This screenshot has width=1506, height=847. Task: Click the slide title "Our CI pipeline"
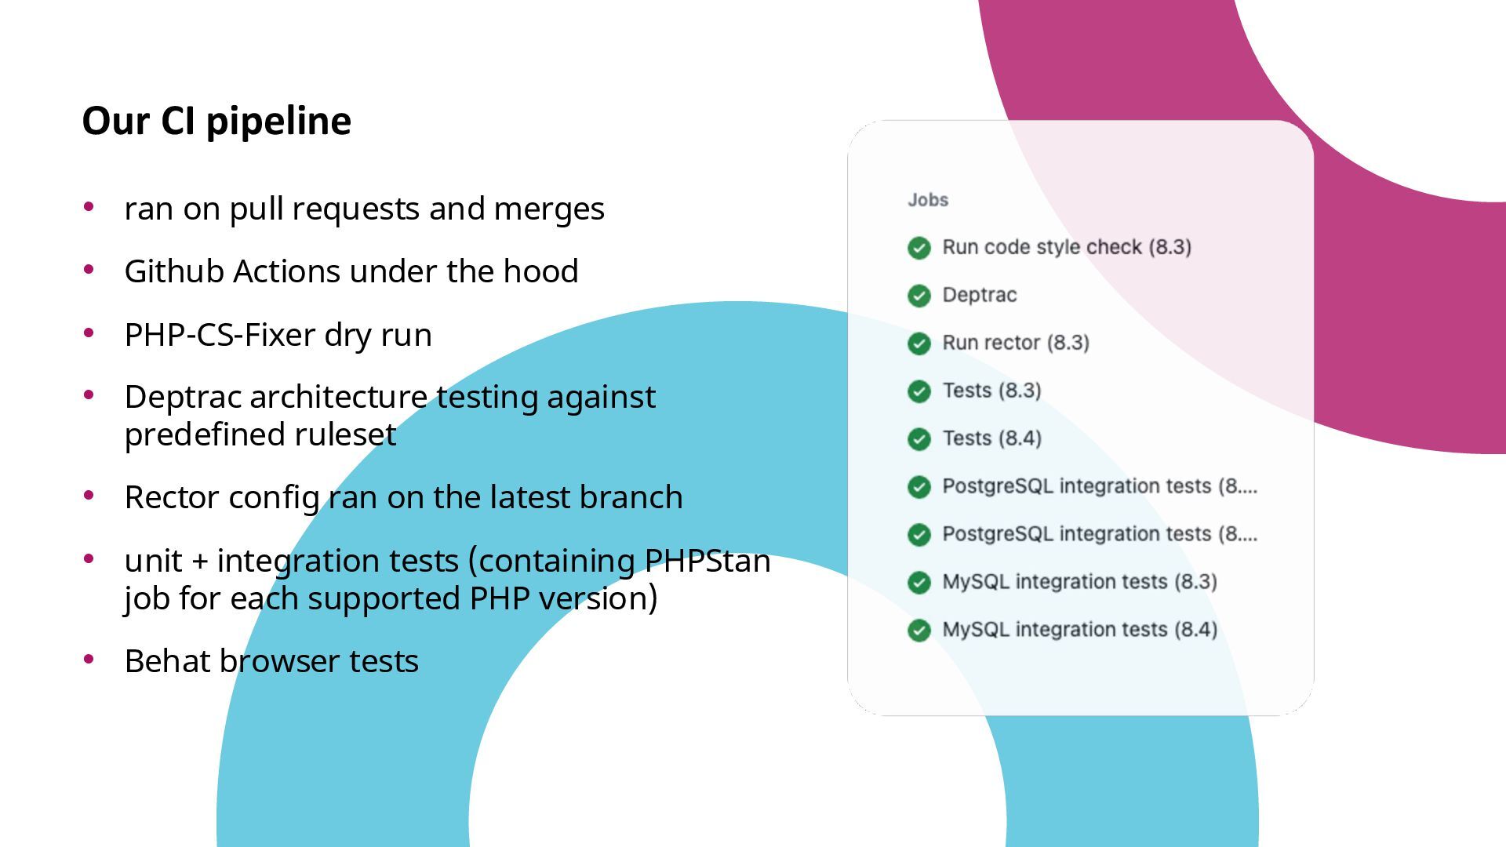coord(216,121)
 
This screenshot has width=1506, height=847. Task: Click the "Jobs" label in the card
coord(928,200)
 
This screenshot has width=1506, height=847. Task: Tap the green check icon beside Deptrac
coord(919,296)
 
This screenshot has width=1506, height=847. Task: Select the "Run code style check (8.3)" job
coord(1066,247)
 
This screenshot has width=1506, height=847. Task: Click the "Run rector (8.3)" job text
coord(1015,343)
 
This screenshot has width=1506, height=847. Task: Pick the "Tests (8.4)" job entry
coord(991,438)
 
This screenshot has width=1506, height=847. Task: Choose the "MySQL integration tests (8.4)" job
coord(1079,630)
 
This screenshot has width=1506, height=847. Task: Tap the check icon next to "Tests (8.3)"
coord(919,391)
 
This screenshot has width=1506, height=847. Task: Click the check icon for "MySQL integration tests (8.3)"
coord(919,583)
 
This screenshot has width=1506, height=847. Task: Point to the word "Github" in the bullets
coord(174,272)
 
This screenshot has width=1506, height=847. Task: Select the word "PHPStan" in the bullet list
coord(707,561)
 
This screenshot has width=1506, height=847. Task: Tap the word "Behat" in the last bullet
coord(167,661)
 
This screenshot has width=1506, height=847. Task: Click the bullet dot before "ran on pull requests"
coord(89,207)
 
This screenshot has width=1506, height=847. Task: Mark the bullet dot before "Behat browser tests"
coord(89,660)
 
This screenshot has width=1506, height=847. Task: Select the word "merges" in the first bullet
coord(549,209)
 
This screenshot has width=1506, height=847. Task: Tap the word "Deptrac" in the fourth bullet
coord(183,398)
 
